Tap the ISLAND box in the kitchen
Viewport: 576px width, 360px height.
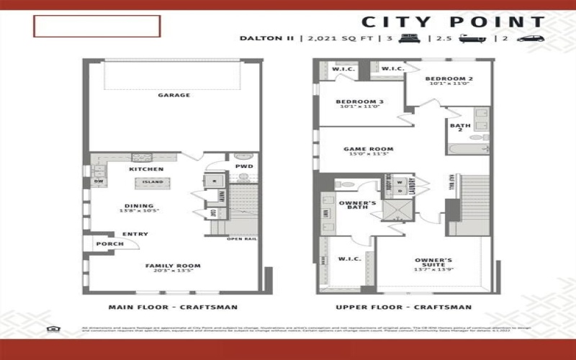tap(152, 182)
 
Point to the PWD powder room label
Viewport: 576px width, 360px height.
tap(244, 167)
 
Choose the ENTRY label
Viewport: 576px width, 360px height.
tap(135, 234)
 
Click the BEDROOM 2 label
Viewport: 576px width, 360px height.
tap(449, 78)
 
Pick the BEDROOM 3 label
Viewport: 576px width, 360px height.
tap(359, 102)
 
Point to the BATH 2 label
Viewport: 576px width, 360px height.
tap(460, 127)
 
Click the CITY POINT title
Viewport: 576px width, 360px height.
tap(453, 22)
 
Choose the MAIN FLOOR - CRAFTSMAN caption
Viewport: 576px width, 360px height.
tap(173, 307)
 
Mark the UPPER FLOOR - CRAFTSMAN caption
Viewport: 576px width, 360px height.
tap(403, 307)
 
